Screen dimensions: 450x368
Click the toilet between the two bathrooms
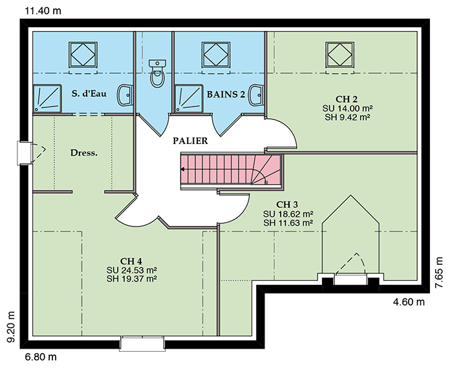click(x=157, y=73)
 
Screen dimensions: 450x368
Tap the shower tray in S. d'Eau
click(x=47, y=98)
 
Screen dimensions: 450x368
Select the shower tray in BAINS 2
click(x=189, y=98)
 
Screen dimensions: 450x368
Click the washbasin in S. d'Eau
click(x=125, y=95)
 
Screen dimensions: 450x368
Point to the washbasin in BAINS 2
click(x=257, y=95)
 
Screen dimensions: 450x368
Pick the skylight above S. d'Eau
click(x=83, y=55)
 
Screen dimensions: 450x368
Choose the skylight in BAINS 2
click(x=216, y=55)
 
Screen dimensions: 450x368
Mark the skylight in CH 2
click(x=340, y=55)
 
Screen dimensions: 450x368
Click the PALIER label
click(x=190, y=141)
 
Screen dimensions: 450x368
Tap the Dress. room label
click(x=84, y=153)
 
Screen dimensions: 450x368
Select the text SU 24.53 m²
click(x=132, y=270)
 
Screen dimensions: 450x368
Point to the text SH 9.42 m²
click(x=347, y=117)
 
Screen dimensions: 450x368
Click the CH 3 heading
click(x=287, y=205)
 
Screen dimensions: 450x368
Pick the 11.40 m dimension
click(x=43, y=11)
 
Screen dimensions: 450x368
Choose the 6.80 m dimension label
click(x=41, y=357)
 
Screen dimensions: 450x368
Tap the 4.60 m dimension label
click(x=409, y=302)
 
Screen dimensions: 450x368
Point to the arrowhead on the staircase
click(x=182, y=169)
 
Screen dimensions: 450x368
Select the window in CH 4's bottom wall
click(x=142, y=343)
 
